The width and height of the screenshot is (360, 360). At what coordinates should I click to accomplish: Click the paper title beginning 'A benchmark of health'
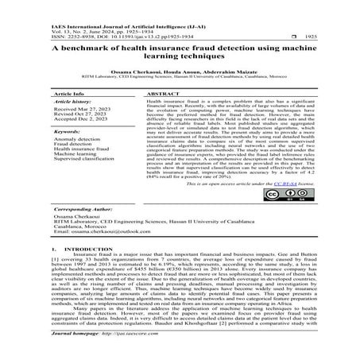(x=180, y=52)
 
